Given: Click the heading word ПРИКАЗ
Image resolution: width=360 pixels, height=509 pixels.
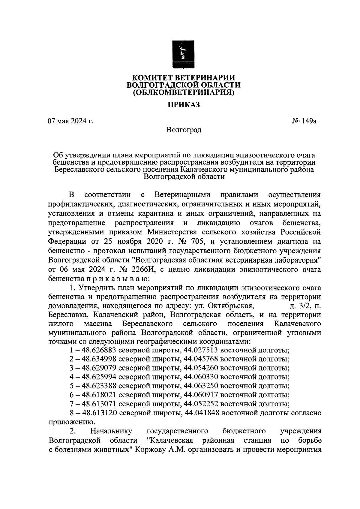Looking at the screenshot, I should tap(183, 105).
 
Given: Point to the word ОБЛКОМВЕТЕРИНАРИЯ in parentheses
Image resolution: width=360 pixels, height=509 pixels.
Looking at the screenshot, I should tap(183, 92).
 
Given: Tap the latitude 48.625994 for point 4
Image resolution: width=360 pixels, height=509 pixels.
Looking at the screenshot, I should tap(97, 377).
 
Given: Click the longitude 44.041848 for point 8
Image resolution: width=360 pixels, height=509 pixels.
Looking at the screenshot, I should tap(203, 413).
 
